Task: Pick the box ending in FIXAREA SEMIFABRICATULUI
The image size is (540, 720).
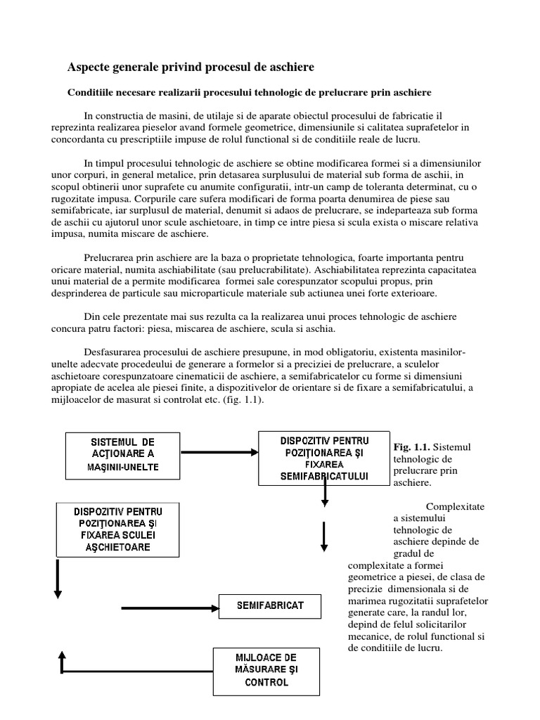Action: tap(324, 458)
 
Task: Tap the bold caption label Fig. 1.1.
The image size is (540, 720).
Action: tap(411, 446)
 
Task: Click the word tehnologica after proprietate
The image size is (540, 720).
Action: tap(311, 257)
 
